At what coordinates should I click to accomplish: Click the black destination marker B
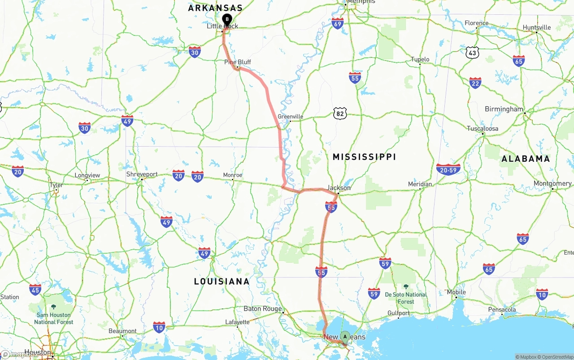click(x=227, y=19)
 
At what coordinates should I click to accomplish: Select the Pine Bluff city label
click(x=238, y=62)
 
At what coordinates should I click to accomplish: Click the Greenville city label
click(x=291, y=117)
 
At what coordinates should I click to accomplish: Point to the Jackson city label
click(x=339, y=188)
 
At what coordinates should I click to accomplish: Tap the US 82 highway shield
click(x=340, y=113)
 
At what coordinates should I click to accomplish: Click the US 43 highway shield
click(x=472, y=52)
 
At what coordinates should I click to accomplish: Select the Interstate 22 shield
click(x=475, y=82)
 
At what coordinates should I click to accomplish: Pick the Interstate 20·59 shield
click(x=448, y=169)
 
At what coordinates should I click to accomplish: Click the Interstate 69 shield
click(x=338, y=24)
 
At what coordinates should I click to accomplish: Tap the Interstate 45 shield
click(x=35, y=289)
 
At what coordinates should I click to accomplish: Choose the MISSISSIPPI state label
click(x=364, y=157)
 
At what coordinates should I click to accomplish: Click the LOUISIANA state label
click(x=222, y=282)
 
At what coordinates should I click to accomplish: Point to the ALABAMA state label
click(x=526, y=159)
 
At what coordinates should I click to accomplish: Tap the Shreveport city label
click(x=142, y=174)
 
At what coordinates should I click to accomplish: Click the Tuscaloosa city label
click(x=483, y=129)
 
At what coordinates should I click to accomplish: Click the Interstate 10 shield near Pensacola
click(x=542, y=294)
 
